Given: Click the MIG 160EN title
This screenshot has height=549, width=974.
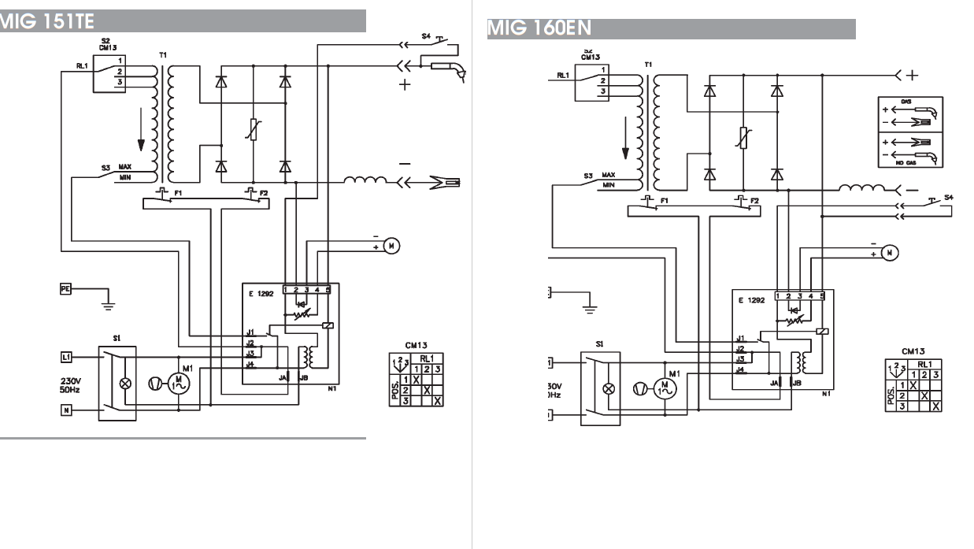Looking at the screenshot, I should (540, 28).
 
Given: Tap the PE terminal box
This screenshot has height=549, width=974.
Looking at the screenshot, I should (65, 288).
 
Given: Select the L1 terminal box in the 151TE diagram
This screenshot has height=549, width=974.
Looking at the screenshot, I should (66, 358).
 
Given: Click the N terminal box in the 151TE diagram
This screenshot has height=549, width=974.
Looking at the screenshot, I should (66, 409).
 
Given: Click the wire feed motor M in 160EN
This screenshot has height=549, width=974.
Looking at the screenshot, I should (889, 253).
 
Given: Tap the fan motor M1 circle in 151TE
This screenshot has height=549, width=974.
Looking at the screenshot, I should (179, 383).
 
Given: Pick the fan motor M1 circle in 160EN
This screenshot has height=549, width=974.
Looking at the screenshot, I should (665, 388).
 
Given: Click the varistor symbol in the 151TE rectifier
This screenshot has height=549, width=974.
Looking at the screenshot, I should (253, 129).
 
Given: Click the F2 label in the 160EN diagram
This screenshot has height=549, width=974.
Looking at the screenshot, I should (754, 200).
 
